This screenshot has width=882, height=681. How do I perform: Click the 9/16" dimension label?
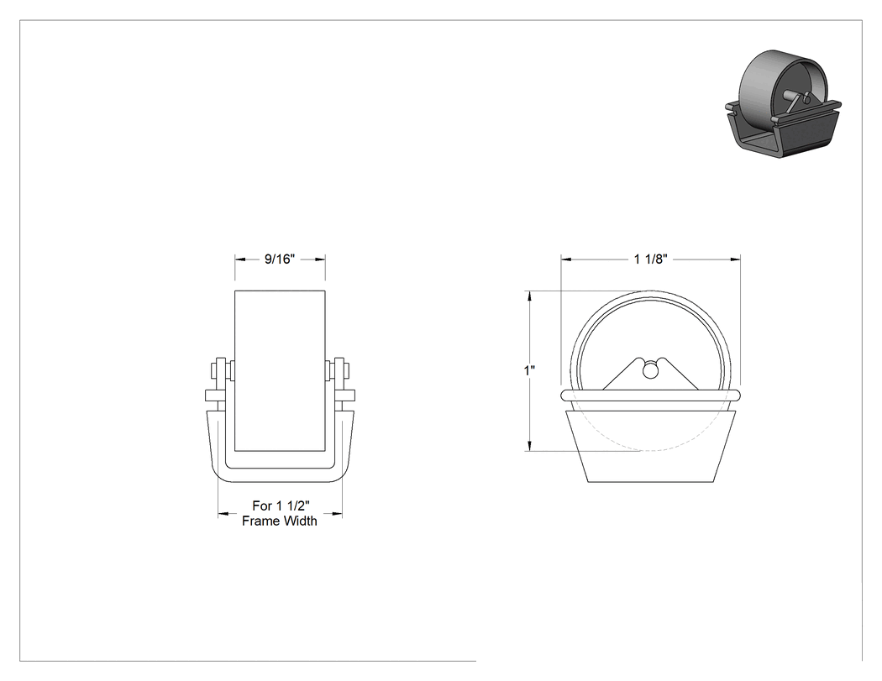(280, 259)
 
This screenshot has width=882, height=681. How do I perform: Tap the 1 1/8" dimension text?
(650, 259)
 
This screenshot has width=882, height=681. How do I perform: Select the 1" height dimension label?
(529, 370)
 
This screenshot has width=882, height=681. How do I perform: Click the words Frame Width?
(280, 521)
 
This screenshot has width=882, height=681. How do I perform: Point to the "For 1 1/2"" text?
(281, 506)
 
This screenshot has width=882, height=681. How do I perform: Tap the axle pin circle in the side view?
(650, 369)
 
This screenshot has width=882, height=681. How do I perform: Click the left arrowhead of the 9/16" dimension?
(240, 259)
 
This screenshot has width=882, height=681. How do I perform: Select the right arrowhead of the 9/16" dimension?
(320, 259)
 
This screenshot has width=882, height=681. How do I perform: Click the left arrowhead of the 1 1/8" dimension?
(566, 259)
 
